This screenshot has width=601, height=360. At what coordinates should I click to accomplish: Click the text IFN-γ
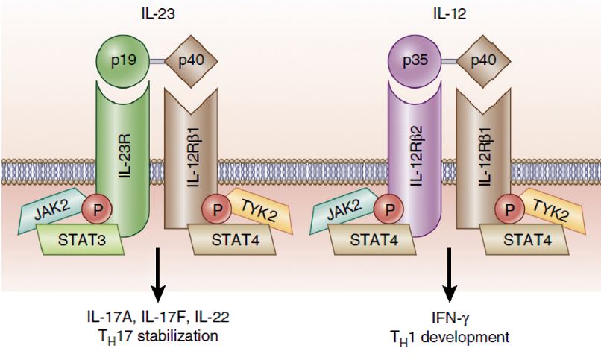click(447, 318)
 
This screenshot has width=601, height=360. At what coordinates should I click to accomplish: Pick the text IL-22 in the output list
click(213, 318)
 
